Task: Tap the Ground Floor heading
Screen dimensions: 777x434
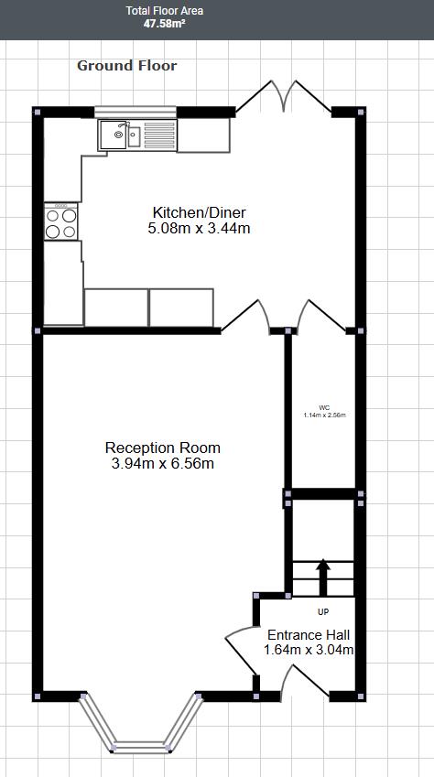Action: click(126, 65)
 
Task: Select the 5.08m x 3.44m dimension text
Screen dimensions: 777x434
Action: click(199, 228)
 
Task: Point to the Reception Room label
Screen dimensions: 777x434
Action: click(163, 448)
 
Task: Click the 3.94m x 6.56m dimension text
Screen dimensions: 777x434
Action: click(163, 464)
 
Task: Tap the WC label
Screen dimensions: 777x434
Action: click(324, 407)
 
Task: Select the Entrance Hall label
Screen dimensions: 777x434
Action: click(308, 634)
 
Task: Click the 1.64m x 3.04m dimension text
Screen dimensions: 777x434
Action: click(308, 651)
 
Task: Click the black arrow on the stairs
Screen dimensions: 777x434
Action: click(322, 577)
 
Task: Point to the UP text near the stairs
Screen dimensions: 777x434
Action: click(322, 611)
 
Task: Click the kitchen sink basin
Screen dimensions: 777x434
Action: click(118, 135)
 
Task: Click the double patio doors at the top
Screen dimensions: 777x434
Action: click(281, 96)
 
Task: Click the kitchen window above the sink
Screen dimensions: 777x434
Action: click(136, 112)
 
